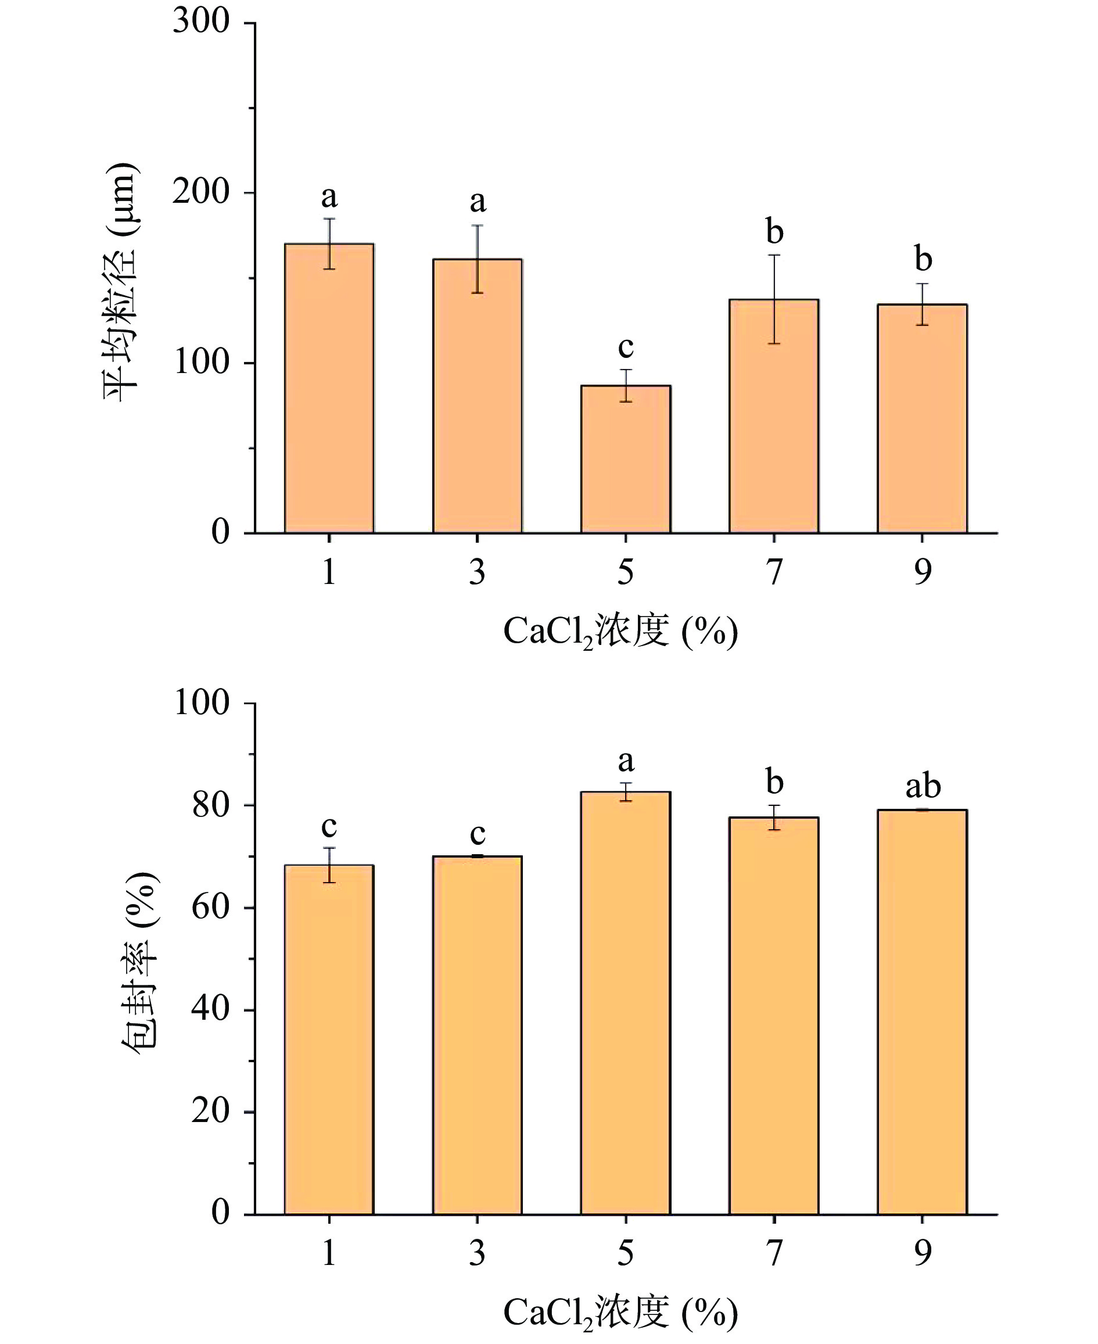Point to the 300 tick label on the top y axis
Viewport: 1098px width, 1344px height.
(x=201, y=21)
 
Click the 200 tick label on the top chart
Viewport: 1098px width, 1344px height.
(x=201, y=192)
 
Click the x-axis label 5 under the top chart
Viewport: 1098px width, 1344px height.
(x=626, y=572)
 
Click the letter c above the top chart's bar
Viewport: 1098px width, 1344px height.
(x=626, y=346)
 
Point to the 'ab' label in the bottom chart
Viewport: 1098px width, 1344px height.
(x=923, y=786)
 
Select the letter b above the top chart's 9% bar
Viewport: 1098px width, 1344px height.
(x=923, y=259)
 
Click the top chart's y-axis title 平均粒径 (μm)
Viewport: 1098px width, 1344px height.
(x=120, y=281)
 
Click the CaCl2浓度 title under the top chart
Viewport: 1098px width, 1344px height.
(x=620, y=631)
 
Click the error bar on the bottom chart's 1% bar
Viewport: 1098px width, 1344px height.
(x=329, y=865)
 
